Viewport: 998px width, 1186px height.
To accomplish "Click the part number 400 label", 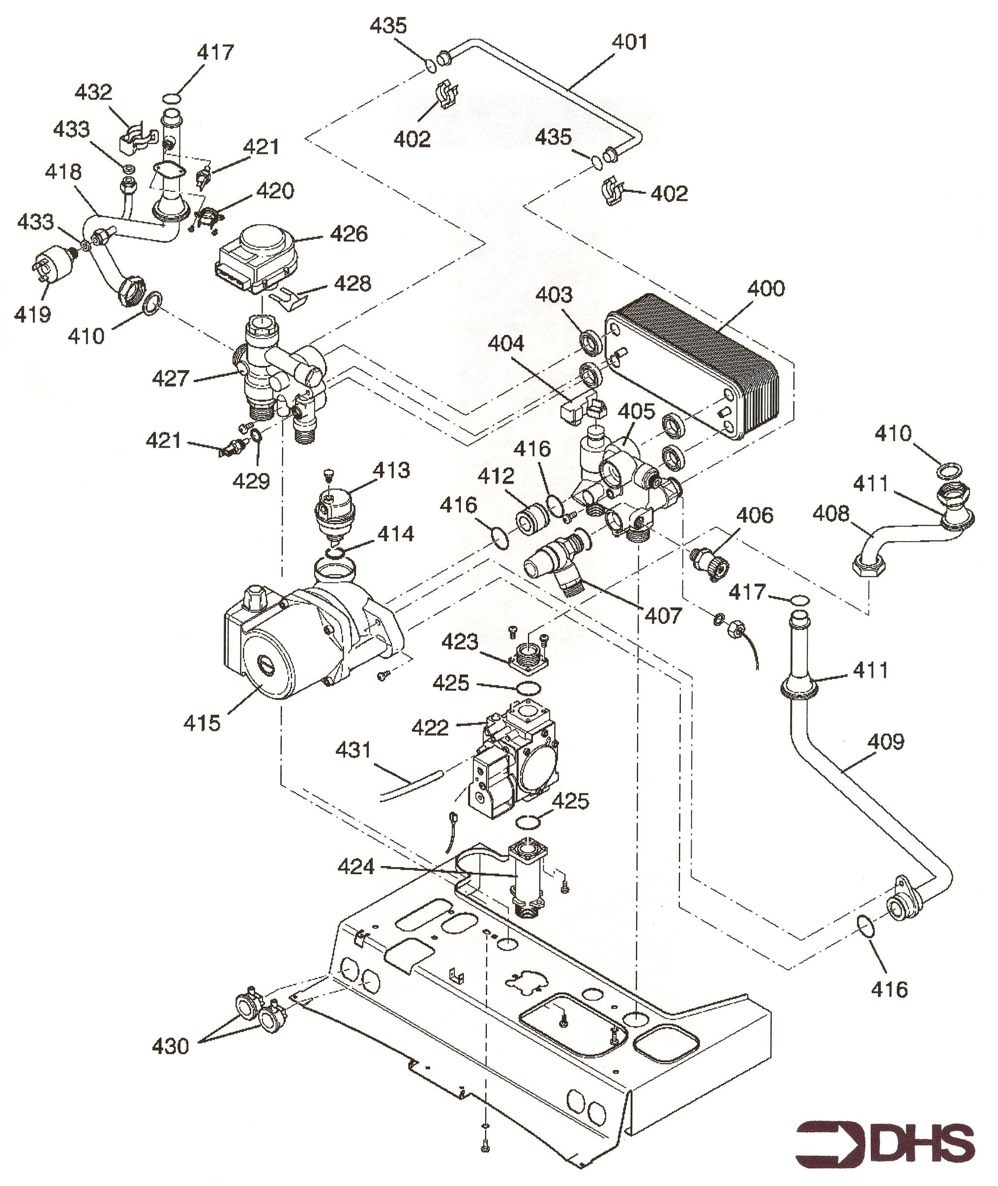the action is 766,289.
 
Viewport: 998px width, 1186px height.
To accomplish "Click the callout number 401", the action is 630,42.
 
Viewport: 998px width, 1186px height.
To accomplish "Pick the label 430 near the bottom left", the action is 170,1047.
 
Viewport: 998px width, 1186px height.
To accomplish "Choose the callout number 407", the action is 664,615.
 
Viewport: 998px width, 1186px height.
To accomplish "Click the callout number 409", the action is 886,742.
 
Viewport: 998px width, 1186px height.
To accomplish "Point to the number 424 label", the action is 356,867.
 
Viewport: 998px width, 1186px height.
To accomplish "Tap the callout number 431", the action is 353,751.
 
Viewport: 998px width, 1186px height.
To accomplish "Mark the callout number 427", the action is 170,379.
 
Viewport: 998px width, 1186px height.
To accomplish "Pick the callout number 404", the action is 506,344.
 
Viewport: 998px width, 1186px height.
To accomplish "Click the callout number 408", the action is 831,514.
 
